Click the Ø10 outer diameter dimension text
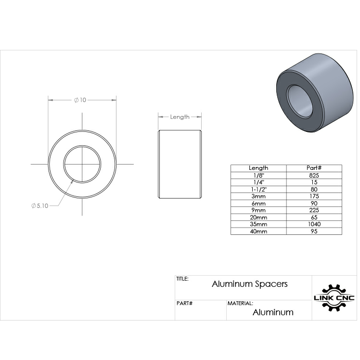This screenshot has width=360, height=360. coord(80,100)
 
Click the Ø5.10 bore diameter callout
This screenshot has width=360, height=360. coord(40,206)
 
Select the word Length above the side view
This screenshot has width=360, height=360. coord(180,117)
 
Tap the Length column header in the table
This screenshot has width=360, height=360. coord(258,168)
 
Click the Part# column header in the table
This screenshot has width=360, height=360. coord(314,168)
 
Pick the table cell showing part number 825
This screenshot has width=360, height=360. coord(314,175)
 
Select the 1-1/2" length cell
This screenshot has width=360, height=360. coord(258,190)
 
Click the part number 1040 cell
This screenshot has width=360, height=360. coord(314,224)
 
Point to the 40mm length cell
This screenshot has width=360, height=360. coord(258,231)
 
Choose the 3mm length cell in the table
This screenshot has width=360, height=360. coord(258,196)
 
